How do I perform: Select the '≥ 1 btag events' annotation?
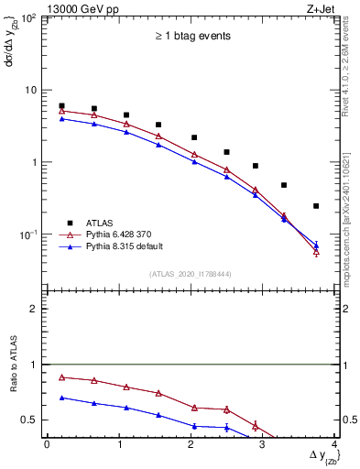[191, 37]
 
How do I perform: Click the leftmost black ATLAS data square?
[61, 106]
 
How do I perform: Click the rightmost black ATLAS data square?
[316, 206]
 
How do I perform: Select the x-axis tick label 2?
[191, 445]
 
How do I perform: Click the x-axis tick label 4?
[335, 445]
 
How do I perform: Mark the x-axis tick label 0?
[47, 445]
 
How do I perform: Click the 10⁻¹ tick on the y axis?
[31, 234]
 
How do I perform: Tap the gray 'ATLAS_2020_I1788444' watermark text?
[191, 274]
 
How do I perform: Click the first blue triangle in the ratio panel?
[61, 398]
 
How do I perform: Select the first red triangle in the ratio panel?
[61, 377]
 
